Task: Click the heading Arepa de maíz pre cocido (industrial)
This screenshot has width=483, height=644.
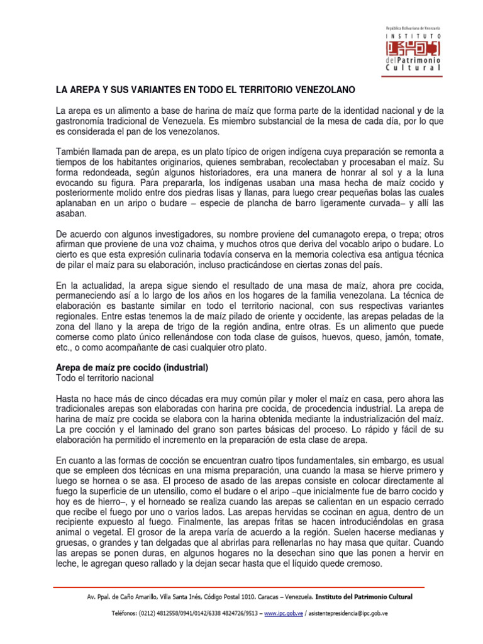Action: [132, 367]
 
